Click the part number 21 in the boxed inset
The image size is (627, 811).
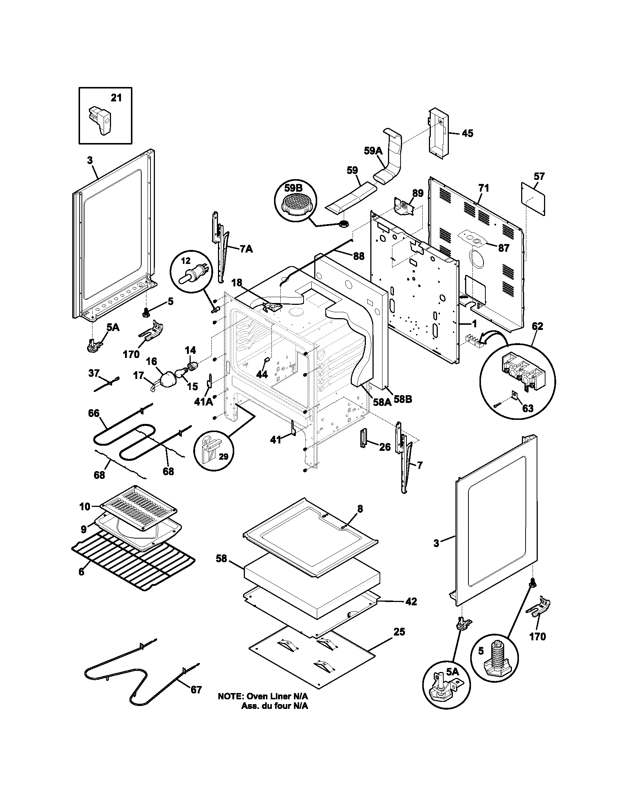click(116, 98)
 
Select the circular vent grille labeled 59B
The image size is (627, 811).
click(296, 204)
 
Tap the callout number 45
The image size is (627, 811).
click(467, 133)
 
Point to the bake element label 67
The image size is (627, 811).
click(196, 690)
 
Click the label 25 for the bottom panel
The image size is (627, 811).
click(399, 631)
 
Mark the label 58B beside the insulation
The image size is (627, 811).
click(403, 400)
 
